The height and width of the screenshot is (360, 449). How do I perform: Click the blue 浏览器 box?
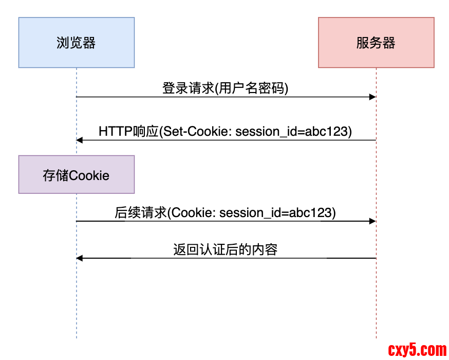click(77, 43)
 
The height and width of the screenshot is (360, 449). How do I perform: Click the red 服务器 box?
click(376, 43)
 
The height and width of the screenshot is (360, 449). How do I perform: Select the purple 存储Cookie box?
click(77, 175)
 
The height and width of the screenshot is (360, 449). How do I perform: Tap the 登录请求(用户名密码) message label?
click(226, 88)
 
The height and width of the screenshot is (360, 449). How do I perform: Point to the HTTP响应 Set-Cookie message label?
click(226, 131)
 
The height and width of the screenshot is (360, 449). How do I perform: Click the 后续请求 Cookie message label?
click(226, 212)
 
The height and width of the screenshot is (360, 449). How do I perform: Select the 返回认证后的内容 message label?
click(226, 250)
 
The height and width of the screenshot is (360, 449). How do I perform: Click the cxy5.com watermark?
click(417, 350)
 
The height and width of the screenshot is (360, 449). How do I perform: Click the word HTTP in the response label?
click(111, 131)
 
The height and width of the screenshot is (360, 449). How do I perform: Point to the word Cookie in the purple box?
click(89, 175)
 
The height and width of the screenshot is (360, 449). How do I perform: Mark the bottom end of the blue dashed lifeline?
click(77, 337)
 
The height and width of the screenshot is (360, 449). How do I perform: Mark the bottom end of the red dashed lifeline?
click(376, 337)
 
